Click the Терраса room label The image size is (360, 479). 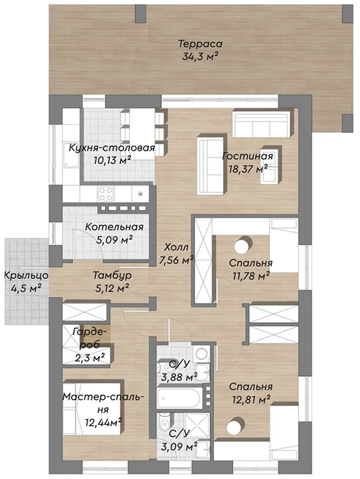click(201, 44)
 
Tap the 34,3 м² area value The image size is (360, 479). click(201, 57)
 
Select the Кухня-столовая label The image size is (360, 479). click(112, 148)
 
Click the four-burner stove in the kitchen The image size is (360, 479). click(106, 194)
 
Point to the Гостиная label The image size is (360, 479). click(247, 156)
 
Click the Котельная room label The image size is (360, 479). click(114, 227)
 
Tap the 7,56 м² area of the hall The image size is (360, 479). click(177, 260)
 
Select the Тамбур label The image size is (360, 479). click(112, 276)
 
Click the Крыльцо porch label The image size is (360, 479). click(27, 276)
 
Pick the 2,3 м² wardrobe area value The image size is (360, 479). click(90, 357)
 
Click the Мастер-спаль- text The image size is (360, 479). click(103, 397)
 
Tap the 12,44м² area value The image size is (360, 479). click(104, 423)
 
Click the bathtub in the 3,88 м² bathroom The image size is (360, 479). click(179, 398)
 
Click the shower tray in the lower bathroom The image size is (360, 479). click(197, 426)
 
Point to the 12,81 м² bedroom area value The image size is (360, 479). click(251, 399)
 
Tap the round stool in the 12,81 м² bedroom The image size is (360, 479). click(234, 425)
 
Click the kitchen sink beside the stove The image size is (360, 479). click(140, 194)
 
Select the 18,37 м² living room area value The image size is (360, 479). click(248, 169)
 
